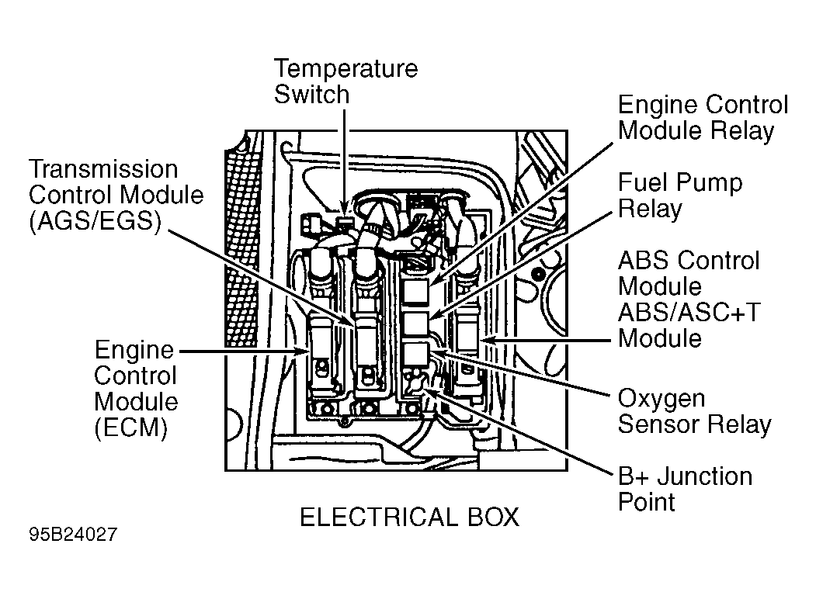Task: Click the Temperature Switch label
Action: click(x=345, y=81)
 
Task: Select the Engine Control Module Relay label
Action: click(x=702, y=118)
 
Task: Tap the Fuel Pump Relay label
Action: click(x=679, y=196)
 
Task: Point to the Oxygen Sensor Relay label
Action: click(x=693, y=412)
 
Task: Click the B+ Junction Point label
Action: click(x=684, y=488)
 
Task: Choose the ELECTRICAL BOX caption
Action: click(x=409, y=518)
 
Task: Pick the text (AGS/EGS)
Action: click(x=94, y=220)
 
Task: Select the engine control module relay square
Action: click(x=416, y=292)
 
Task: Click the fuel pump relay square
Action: click(x=416, y=324)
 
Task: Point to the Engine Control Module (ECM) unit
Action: click(x=322, y=353)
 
